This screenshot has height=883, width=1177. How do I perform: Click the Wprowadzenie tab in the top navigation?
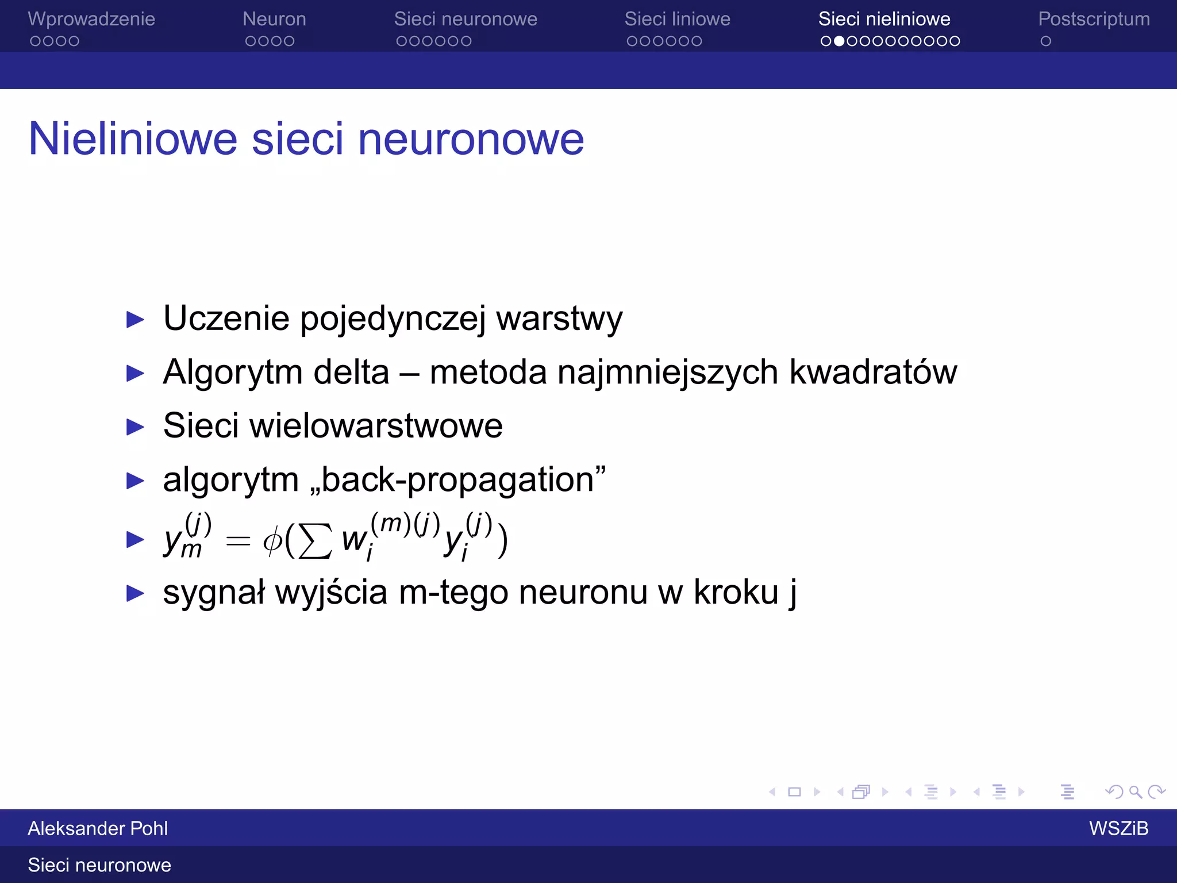pyautogui.click(x=91, y=19)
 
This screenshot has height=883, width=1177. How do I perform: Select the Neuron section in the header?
pyautogui.click(x=274, y=19)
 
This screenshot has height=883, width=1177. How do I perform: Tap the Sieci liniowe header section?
pyautogui.click(x=677, y=19)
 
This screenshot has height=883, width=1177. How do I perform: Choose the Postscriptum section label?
pyautogui.click(x=1094, y=19)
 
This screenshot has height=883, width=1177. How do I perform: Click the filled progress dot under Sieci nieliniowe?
pyautogui.click(x=839, y=41)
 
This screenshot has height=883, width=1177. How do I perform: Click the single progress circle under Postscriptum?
pyautogui.click(x=1046, y=41)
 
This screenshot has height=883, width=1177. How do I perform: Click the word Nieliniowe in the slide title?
pyautogui.click(x=133, y=139)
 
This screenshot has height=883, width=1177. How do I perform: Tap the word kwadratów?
pyautogui.click(x=873, y=372)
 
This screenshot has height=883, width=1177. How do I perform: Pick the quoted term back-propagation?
pyautogui.click(x=457, y=480)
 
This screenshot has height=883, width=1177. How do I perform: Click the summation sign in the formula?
pyautogui.click(x=316, y=540)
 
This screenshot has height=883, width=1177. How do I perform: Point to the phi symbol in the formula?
pyautogui.click(x=272, y=540)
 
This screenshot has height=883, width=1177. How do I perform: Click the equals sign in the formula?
pyautogui.click(x=238, y=541)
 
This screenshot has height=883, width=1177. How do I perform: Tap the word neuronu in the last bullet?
pyautogui.click(x=583, y=592)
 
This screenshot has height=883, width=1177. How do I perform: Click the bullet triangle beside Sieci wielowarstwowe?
pyautogui.click(x=135, y=427)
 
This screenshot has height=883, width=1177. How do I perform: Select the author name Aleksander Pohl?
pyautogui.click(x=98, y=828)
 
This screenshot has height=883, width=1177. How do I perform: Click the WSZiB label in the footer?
pyautogui.click(x=1118, y=828)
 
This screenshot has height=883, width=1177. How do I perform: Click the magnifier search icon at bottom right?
pyautogui.click(x=1135, y=792)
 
